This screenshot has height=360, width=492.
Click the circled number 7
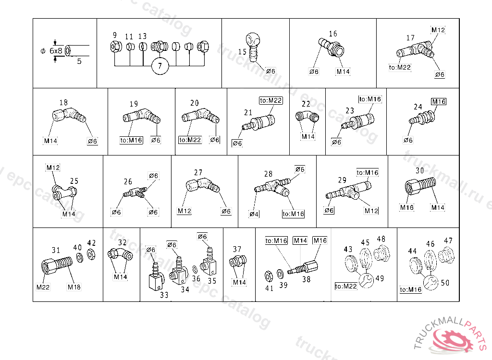coord(160,66)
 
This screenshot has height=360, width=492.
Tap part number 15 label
coord(242,51)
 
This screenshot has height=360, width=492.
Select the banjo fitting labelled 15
coord(254,46)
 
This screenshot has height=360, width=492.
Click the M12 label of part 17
coord(438,30)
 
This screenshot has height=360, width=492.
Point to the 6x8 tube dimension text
coord(56,50)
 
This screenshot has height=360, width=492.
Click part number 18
coord(63,102)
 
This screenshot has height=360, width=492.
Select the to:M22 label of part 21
coord(271,100)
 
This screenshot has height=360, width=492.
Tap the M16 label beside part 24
coord(438,101)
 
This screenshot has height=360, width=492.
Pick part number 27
coord(198,172)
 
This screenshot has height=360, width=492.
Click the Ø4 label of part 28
coord(254,214)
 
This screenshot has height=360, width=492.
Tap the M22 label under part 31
coord(43,287)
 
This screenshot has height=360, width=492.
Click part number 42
coord(91,243)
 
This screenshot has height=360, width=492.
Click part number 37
coord(237,249)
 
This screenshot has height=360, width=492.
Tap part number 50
coord(445,282)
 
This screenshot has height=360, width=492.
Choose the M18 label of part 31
coord(74,287)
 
